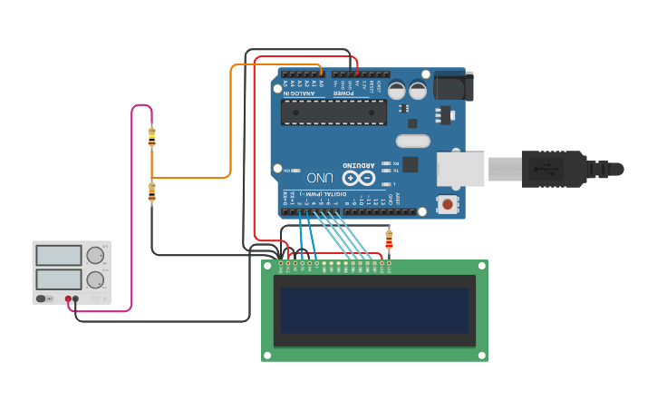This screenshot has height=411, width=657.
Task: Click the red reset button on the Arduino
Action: coord(447,204)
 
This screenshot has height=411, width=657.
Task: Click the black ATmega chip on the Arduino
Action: coord(333,112)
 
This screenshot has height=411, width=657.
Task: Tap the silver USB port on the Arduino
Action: coord(461,169)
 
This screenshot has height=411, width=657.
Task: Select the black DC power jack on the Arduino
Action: coord(453,86)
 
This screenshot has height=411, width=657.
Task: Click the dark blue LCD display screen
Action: coord(374,310)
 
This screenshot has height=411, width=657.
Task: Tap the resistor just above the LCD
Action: coord(389,240)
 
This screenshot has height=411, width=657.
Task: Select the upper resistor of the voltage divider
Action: coord(151,136)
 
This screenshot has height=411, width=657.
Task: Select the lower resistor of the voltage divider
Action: coord(151,191)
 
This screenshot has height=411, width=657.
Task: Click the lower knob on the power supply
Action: coord(95,279)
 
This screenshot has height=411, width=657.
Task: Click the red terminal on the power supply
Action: coord(68,298)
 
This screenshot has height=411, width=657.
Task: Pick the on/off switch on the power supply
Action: coord(43,298)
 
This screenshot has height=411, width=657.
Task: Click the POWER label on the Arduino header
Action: coord(345,93)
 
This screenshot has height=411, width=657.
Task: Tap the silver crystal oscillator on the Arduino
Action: coord(412,141)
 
